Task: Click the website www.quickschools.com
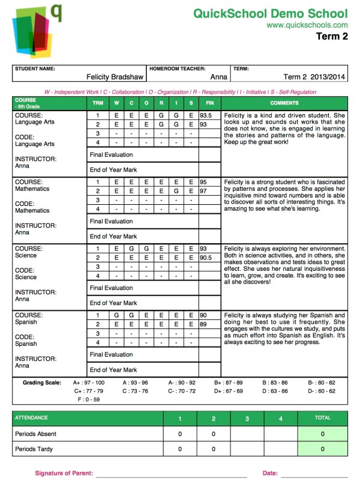[307, 25]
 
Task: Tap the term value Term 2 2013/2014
[314, 77]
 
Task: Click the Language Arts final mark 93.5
[206, 115]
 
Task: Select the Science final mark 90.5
[206, 257]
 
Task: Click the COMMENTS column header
[284, 103]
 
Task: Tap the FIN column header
[209, 103]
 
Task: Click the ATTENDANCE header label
[31, 417]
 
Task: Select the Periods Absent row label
[36, 433]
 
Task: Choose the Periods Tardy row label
[35, 449]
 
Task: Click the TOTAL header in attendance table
[322, 417]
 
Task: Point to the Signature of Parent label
[64, 473]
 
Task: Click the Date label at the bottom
[270, 473]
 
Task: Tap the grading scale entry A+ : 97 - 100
[88, 382]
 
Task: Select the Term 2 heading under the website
[332, 37]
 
